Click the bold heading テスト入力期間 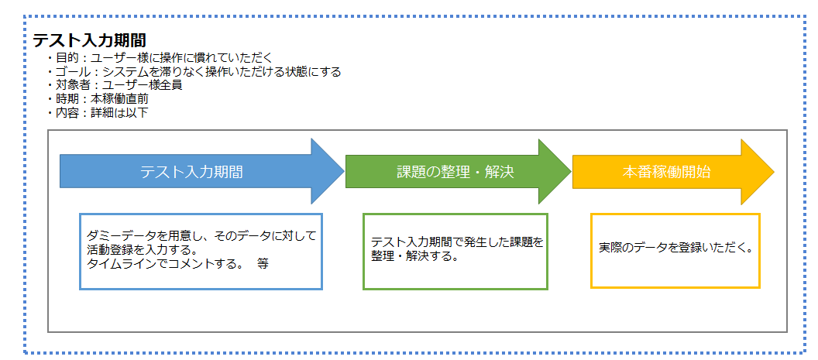[x=89, y=40]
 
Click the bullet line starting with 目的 [x=159, y=58]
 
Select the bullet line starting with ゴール [x=194, y=71]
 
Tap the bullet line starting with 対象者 [x=114, y=85]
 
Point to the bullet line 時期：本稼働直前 [x=98, y=98]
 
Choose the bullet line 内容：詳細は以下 [x=98, y=112]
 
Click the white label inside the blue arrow [x=191, y=172]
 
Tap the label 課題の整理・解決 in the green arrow [x=455, y=172]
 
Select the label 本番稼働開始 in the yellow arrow [x=666, y=172]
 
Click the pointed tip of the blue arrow [x=344, y=171]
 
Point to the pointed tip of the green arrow [x=571, y=171]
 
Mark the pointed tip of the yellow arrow [x=774, y=172]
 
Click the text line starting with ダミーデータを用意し [x=202, y=236]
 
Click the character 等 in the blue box [x=263, y=263]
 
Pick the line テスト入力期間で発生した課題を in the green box [x=457, y=242]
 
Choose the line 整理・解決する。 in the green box [x=414, y=256]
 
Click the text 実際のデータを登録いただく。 [x=675, y=248]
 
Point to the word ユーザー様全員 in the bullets [x=142, y=85]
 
